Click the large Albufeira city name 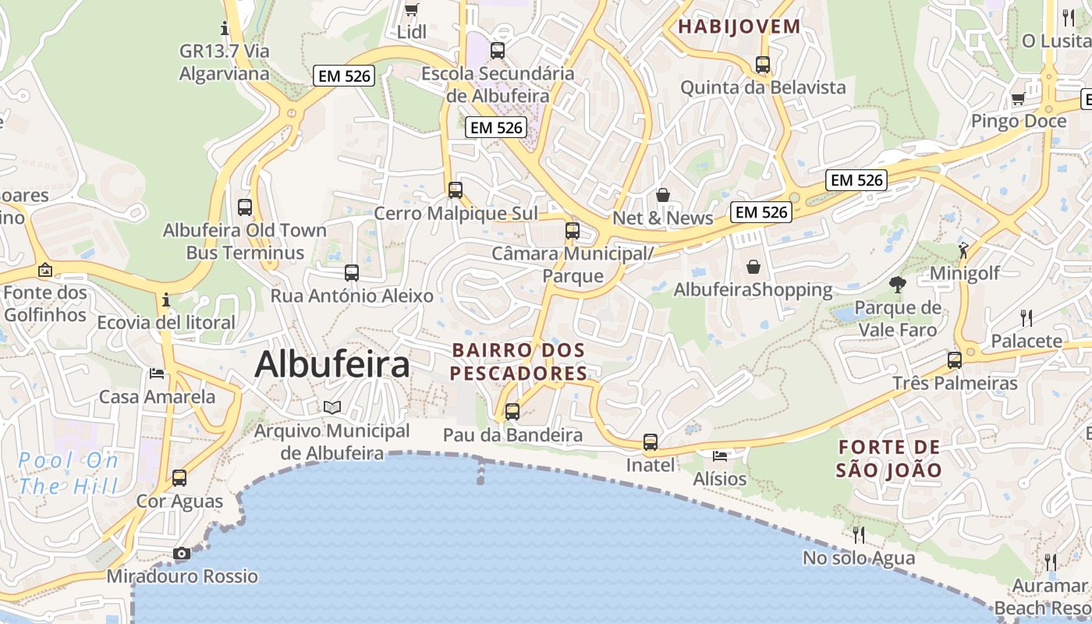click(332, 364)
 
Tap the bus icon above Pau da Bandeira click(512, 411)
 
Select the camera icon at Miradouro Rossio click(182, 554)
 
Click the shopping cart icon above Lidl click(412, 9)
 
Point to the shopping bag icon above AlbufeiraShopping click(753, 267)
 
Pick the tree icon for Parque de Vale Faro click(898, 285)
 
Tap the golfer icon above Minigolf click(964, 250)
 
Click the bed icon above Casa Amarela click(157, 374)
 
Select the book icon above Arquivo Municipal click(332, 407)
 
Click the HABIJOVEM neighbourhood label click(739, 27)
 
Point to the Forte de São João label click(889, 459)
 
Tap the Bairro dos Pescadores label click(519, 362)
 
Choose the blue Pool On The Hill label click(69, 473)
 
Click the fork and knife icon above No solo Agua click(859, 534)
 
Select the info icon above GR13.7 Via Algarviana click(225, 29)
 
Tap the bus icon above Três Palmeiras click(955, 360)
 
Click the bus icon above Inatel click(651, 442)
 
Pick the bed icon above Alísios click(720, 456)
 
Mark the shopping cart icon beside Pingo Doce click(1018, 99)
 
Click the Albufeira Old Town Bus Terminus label click(245, 242)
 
